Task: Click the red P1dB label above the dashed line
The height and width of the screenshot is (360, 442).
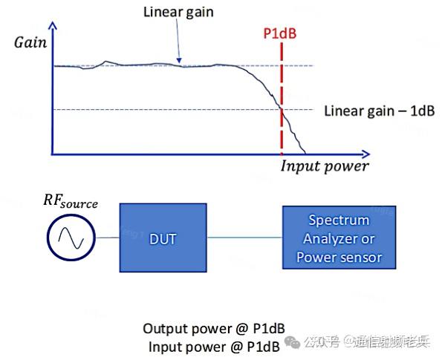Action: point(282,33)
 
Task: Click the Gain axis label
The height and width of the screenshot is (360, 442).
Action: point(30,42)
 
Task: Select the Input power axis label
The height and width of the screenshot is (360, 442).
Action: point(324,166)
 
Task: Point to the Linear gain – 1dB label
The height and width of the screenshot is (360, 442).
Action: point(379,111)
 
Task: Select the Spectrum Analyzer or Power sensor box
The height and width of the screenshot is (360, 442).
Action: point(339,238)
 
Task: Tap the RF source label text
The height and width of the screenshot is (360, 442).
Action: point(71,202)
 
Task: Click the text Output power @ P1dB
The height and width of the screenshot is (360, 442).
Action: point(214,328)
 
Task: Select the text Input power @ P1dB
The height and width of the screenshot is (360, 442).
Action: point(214,345)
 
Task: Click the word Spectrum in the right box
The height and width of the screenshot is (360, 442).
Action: point(339,220)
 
